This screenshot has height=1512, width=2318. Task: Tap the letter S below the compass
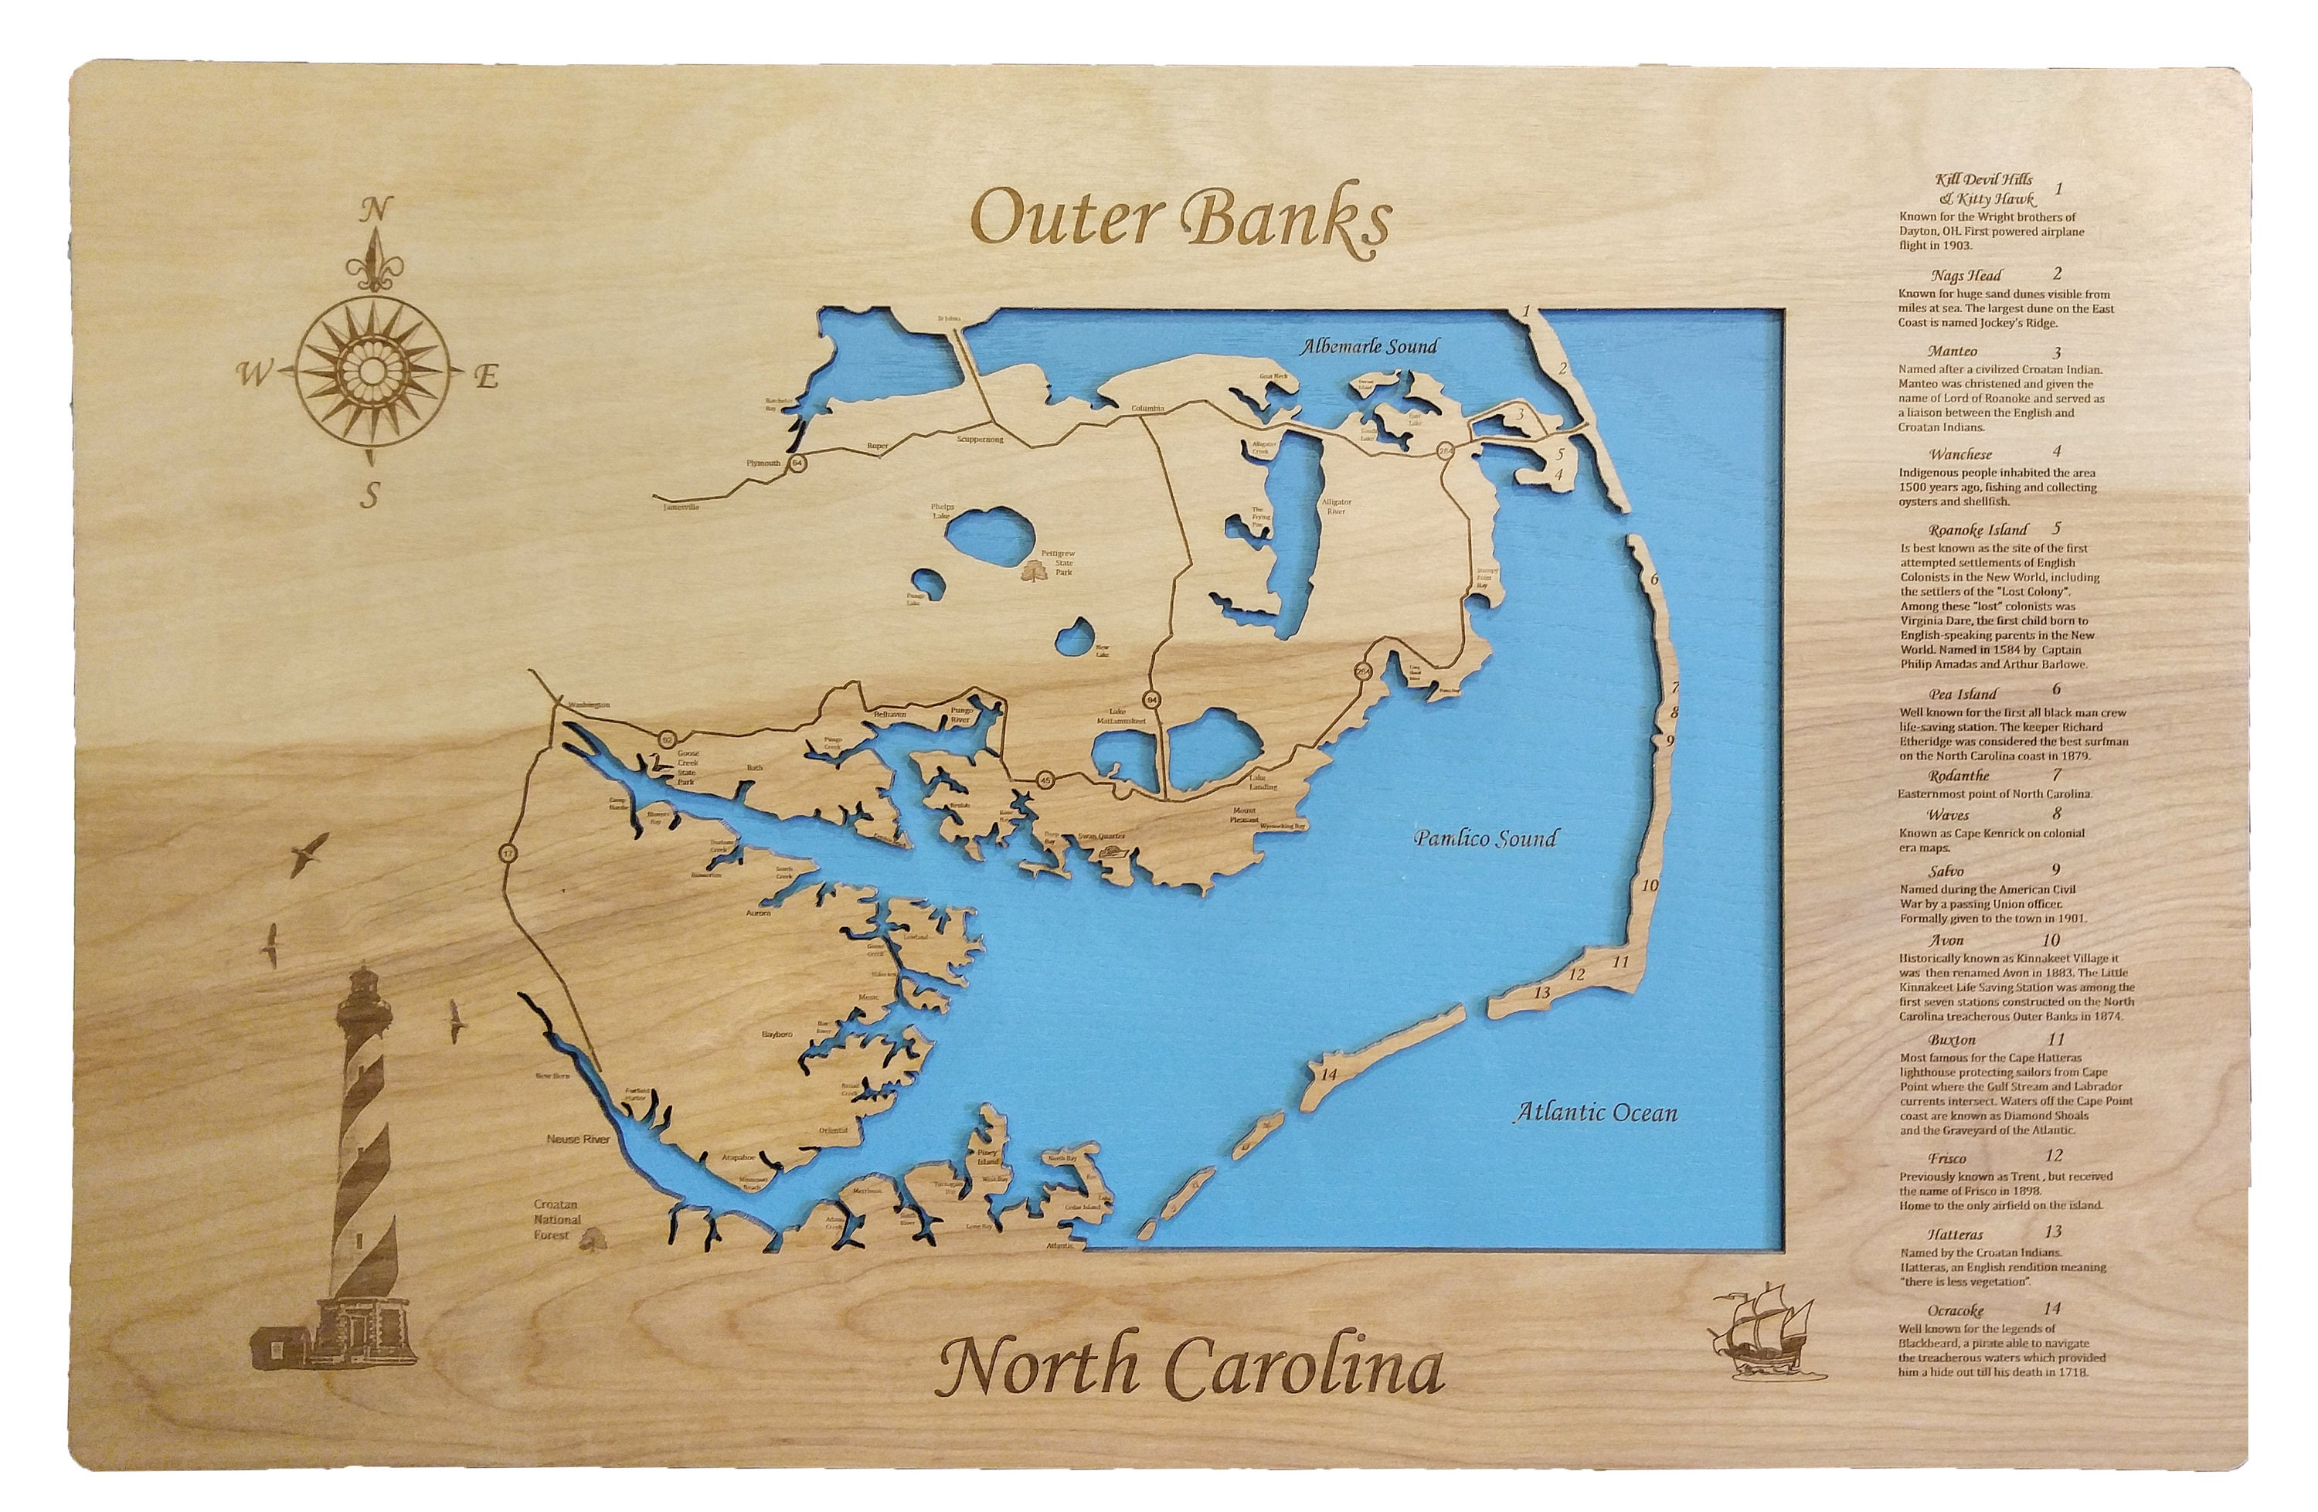tap(369, 497)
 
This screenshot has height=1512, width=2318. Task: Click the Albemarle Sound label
tap(1369, 345)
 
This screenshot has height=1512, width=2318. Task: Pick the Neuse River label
tap(579, 1138)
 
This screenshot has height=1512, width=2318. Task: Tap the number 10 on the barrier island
tap(1650, 886)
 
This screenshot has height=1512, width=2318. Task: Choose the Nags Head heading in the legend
tap(1959, 276)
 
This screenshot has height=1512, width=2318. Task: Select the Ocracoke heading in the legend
tap(1955, 1310)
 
